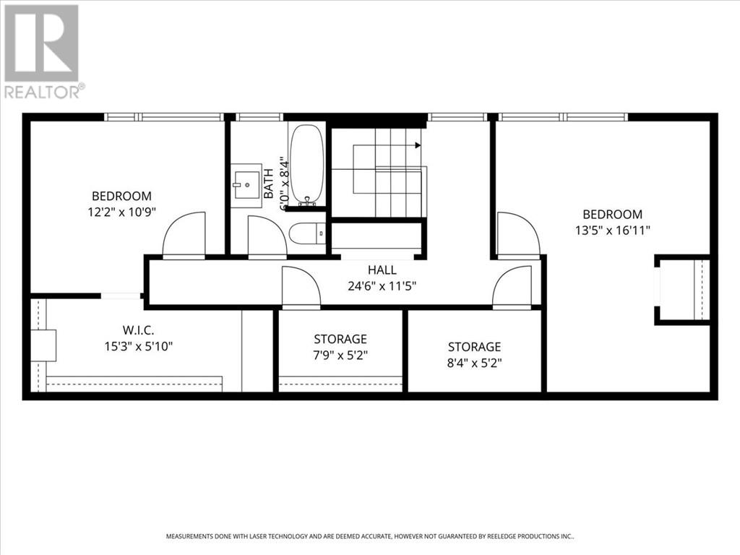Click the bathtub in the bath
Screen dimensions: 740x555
tap(306, 165)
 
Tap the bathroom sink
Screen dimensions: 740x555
tap(246, 186)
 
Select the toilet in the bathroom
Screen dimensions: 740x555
tap(307, 233)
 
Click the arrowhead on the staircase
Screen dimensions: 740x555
tap(418, 145)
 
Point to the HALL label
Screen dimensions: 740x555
tap(382, 270)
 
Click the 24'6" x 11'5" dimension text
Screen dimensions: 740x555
tap(382, 286)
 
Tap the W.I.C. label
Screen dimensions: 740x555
tap(138, 330)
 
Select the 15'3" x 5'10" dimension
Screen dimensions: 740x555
tap(138, 346)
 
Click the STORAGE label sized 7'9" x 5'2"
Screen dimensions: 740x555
tap(340, 339)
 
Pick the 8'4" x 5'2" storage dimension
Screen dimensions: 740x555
tap(474, 363)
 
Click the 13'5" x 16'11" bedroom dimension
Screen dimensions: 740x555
tap(613, 231)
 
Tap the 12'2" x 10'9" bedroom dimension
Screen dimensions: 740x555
tap(121, 212)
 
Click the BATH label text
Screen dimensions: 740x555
tap(268, 184)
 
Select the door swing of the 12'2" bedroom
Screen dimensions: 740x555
tap(184, 235)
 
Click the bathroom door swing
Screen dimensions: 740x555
tap(267, 237)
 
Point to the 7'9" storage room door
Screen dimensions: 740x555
tap(301, 288)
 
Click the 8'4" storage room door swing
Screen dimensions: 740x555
tap(512, 288)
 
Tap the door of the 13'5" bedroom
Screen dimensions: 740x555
tap(519, 235)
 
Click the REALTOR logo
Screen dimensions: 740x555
tap(43, 52)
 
